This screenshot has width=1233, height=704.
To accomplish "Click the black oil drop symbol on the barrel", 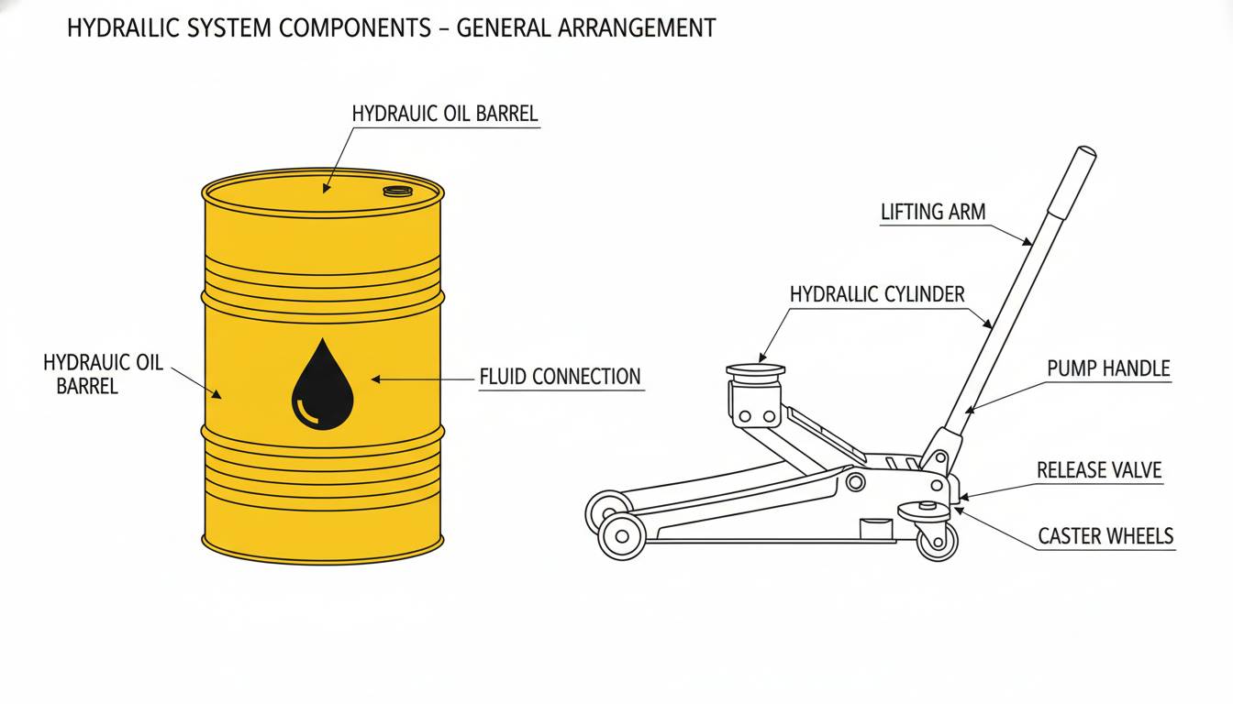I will tap(322, 386).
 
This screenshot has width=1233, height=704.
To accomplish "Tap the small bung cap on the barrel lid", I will tap(397, 191).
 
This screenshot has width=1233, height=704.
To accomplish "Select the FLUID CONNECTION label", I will tap(560, 377).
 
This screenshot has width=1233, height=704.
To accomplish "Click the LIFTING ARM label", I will tap(933, 212).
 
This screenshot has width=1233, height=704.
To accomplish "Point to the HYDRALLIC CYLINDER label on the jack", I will tap(877, 294).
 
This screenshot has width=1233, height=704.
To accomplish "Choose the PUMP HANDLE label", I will tap(1108, 368).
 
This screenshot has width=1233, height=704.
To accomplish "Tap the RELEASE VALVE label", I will tap(1099, 470).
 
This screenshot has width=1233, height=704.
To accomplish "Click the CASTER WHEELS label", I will tap(1105, 535).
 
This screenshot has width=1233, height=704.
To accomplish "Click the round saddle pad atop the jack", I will tap(756, 370).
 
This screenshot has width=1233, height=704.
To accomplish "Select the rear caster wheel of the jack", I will tap(937, 540).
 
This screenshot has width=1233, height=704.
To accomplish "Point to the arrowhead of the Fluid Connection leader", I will tap(374, 378).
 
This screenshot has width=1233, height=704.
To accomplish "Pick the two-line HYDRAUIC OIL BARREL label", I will tap(103, 374).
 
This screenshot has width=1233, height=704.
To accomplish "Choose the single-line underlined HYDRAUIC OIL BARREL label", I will tap(445, 114).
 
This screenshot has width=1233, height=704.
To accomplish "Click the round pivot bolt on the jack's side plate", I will tap(855, 480).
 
